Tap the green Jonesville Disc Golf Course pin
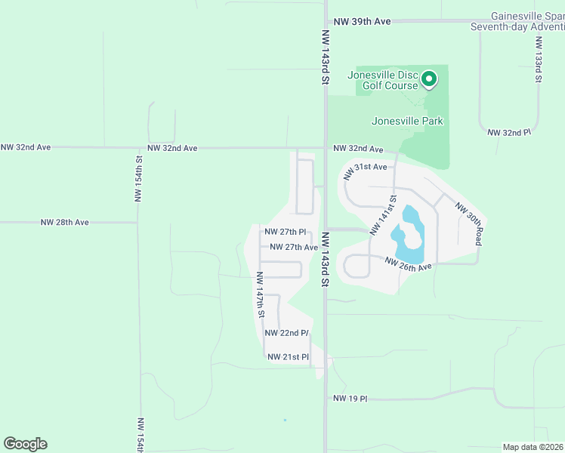(429, 79)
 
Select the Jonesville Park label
(407, 121)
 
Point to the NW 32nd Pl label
(510, 132)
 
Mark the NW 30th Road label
(468, 223)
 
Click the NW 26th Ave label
(408, 263)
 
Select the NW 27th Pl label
(286, 232)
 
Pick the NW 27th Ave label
(294, 247)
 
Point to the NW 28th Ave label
(65, 223)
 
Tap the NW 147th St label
(261, 294)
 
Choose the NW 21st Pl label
(287, 356)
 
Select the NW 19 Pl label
(350, 398)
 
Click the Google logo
(25, 444)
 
